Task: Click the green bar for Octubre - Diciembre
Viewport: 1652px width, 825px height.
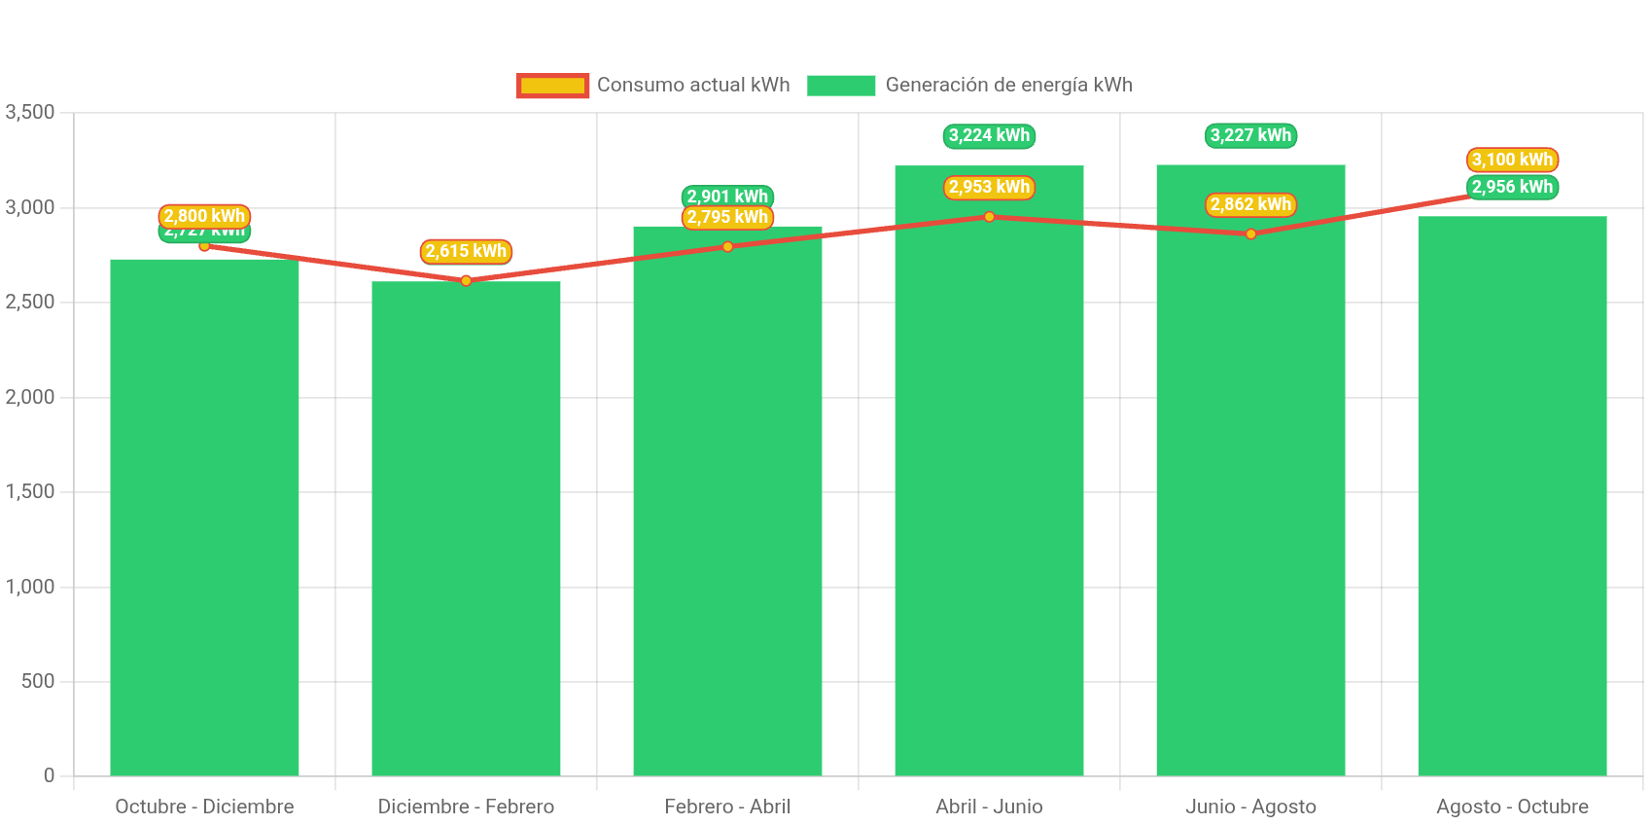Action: (x=204, y=516)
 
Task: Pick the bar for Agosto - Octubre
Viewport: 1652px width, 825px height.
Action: (x=1512, y=496)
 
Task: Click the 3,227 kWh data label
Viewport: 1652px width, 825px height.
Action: (x=1250, y=135)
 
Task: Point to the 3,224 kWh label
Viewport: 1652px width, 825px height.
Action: (x=989, y=135)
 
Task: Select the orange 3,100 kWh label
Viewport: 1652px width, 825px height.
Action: (x=1512, y=160)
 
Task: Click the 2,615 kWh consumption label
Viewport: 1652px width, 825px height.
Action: (x=466, y=251)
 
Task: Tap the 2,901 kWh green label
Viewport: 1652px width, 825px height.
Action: (x=727, y=196)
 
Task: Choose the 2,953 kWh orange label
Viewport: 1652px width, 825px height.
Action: (x=989, y=187)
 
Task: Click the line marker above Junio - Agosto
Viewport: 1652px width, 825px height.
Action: (x=1250, y=233)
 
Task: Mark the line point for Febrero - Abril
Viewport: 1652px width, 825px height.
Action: (x=727, y=246)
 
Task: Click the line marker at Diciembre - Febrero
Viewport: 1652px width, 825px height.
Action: (x=466, y=280)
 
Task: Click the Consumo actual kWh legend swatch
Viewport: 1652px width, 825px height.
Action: (x=552, y=86)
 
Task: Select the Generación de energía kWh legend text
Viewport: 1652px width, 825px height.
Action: (x=1008, y=86)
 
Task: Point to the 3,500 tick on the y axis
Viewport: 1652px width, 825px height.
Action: (x=30, y=112)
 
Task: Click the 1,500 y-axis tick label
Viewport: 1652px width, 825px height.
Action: (x=30, y=491)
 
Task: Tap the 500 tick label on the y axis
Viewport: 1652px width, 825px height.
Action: (x=38, y=681)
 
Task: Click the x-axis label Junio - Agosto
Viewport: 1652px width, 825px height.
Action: (x=1250, y=807)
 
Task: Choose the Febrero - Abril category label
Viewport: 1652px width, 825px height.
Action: (x=727, y=807)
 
